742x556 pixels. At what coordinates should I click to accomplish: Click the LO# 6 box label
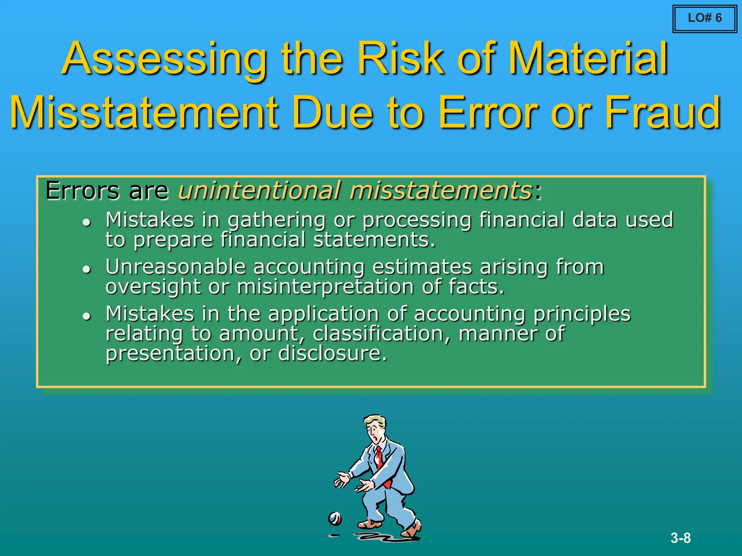coord(704,18)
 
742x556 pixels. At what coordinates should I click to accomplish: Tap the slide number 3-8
coord(680,538)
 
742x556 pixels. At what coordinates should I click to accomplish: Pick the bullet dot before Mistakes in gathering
coord(86,222)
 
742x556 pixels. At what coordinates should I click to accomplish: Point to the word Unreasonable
coord(176,267)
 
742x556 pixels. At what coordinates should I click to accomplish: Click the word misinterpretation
coord(325,287)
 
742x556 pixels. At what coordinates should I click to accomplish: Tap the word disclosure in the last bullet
coord(332,353)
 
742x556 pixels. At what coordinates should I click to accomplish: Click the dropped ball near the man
coord(335,519)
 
